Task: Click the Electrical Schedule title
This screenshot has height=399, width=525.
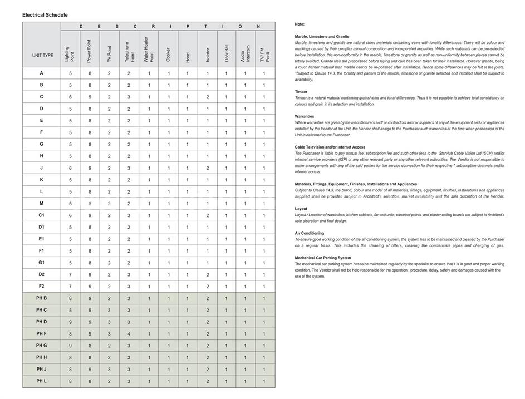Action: coord(45,15)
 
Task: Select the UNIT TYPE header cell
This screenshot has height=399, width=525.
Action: coord(42,56)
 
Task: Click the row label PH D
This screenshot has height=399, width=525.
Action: coord(42,322)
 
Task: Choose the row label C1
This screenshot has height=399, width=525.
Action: coord(42,215)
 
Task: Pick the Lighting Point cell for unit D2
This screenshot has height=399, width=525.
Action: coord(70,274)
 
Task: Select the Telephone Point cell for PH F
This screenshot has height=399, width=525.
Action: coord(129,334)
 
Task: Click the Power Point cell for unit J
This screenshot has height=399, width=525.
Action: coord(90,168)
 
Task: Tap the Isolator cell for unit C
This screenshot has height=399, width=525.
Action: coord(207,97)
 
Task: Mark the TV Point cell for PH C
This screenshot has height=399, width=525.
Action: coord(109,310)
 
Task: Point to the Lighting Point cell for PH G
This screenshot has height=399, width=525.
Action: coord(70,346)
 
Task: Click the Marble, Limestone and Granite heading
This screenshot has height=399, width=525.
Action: coord(322,37)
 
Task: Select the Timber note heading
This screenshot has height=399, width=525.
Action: coord(301,92)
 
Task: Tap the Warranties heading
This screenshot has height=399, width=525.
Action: coord(305,116)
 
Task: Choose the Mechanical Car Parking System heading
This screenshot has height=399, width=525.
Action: coord(323,258)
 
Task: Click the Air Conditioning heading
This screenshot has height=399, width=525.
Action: coord(310,233)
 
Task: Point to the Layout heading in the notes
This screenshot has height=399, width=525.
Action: coord(301,209)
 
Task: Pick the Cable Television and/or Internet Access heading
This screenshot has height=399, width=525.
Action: coord(330,147)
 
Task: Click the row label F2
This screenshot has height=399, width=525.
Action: coord(42,286)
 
